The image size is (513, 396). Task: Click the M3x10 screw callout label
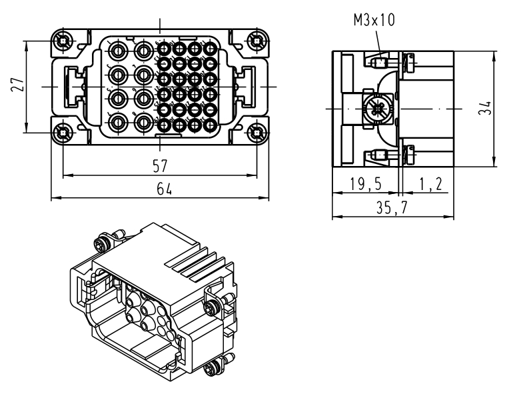[x=374, y=21]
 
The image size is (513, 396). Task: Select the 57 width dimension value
[x=160, y=165]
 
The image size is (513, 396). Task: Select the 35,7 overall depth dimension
[x=392, y=208]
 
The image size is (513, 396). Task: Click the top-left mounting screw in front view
[x=63, y=41]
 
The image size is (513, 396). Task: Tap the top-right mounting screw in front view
[x=256, y=41]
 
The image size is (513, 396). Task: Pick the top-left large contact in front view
[x=119, y=51]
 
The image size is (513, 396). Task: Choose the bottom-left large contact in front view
[x=119, y=123]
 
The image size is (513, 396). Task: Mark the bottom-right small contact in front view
[x=211, y=123]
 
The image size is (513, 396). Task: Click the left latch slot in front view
[x=69, y=87]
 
